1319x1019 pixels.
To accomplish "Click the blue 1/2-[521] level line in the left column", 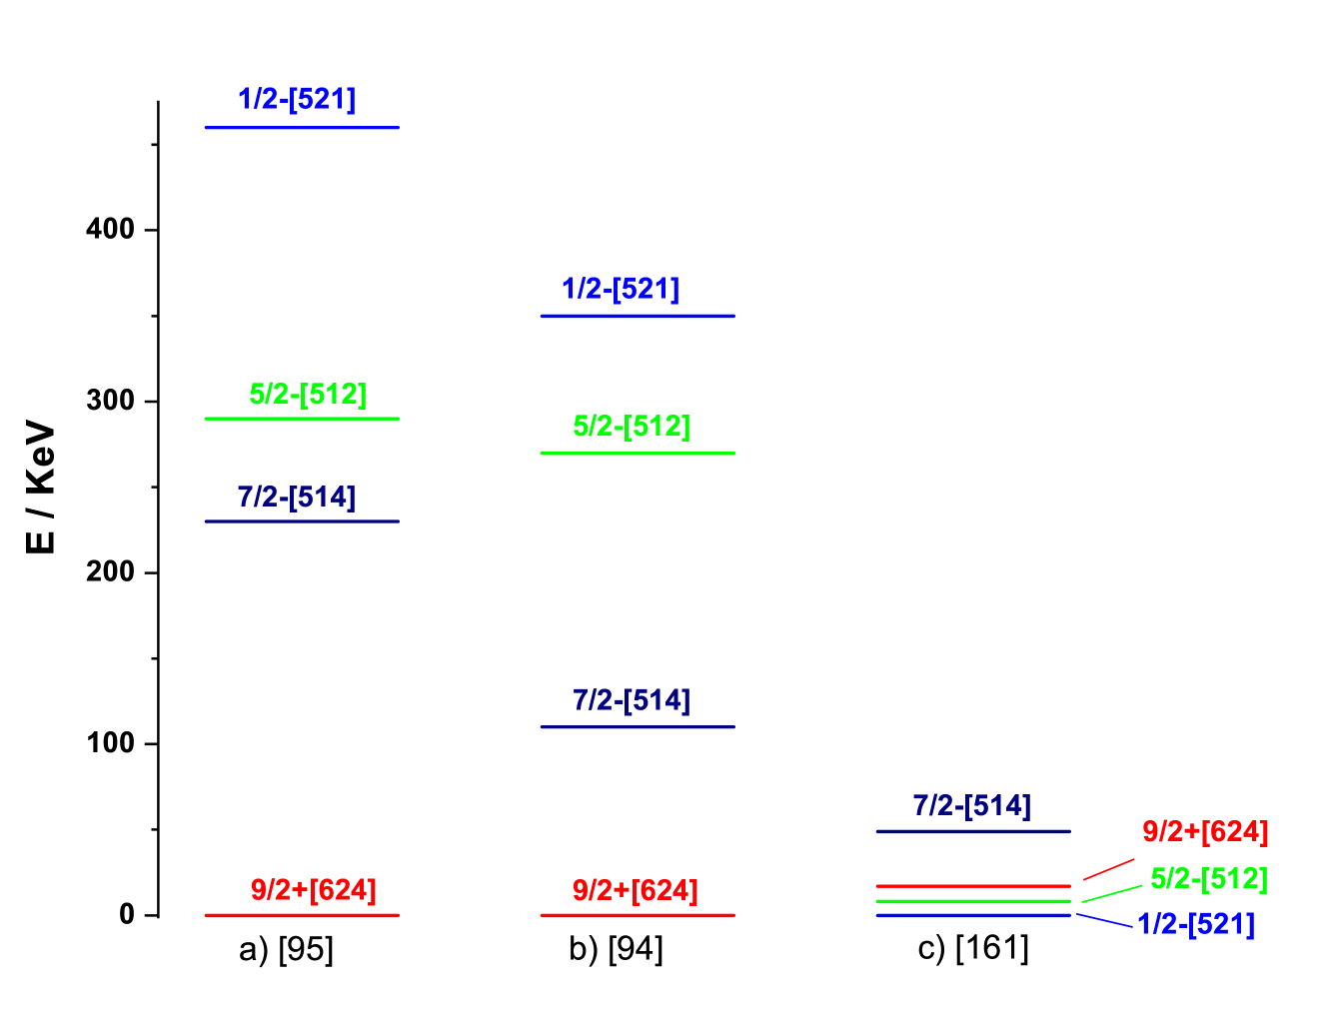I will tap(301, 127).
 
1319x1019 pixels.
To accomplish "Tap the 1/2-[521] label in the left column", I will tap(297, 99).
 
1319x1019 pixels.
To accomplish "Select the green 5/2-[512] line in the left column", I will tap(301, 418).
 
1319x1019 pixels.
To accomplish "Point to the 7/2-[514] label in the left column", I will tap(297, 497).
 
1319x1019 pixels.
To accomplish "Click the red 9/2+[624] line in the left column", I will tap(301, 915).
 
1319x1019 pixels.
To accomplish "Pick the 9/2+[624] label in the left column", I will tap(313, 889).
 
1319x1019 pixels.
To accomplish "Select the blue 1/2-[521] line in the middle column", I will tap(637, 316).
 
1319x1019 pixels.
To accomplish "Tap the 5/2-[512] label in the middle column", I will tap(631, 426).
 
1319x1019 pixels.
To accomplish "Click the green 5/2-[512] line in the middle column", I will tap(637, 454).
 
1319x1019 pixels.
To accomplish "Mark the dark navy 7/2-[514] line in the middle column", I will tap(637, 726).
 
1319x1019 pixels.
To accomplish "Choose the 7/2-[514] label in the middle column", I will tap(631, 700).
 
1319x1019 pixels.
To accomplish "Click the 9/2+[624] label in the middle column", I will tap(635, 889).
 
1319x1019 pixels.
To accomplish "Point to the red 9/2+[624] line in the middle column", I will tap(637, 915).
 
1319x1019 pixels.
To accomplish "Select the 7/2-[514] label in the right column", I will tap(971, 805).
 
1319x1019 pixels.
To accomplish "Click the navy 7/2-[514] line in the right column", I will tap(972, 831).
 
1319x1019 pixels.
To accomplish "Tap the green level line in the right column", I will tap(972, 901).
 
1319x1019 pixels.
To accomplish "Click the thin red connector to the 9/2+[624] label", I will tap(1108, 869).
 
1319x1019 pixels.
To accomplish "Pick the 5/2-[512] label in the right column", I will tap(1208, 878).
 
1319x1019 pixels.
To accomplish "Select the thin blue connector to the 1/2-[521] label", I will tap(1104, 920).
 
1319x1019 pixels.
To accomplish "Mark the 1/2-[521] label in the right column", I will tap(1195, 924).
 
